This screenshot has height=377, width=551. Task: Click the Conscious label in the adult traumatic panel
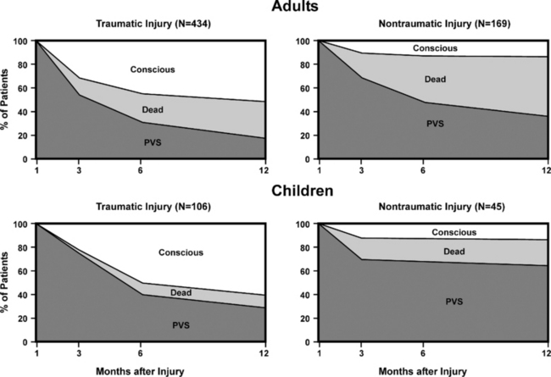tap(154, 68)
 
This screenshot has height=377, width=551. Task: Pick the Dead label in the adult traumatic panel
tap(153, 108)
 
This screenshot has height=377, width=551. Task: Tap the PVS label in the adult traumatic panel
tap(153, 141)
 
